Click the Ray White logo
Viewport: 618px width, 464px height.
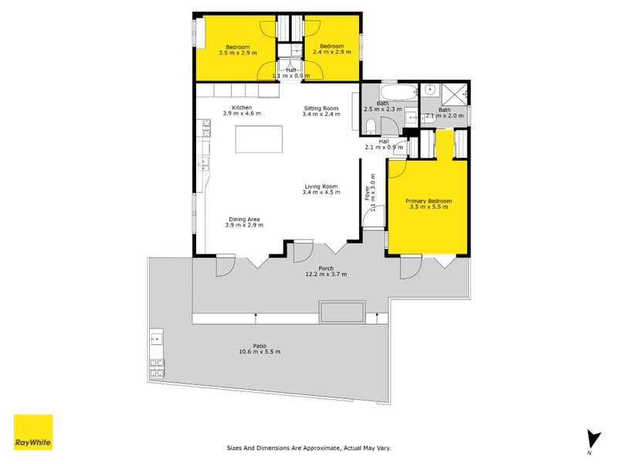click(x=33, y=432)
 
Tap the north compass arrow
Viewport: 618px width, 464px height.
click(x=593, y=438)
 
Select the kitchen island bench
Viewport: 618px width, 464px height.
click(x=259, y=139)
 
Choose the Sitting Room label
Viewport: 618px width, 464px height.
click(x=321, y=108)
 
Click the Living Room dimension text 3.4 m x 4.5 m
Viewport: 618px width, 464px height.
click(x=321, y=192)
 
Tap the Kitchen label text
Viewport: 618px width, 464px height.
click(x=242, y=107)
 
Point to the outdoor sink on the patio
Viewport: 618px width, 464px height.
click(x=156, y=337)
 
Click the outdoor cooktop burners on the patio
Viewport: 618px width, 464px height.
click(x=156, y=367)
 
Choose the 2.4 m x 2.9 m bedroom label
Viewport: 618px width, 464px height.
click(x=336, y=50)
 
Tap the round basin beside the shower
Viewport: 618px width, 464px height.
click(x=430, y=91)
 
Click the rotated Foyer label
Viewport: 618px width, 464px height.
click(x=368, y=193)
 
